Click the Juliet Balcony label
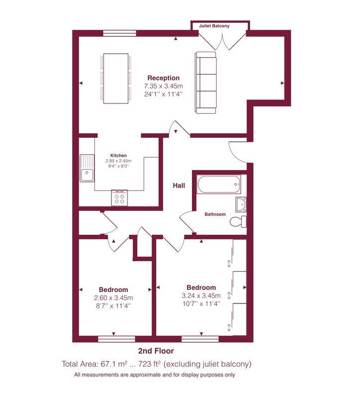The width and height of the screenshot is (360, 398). (214, 26)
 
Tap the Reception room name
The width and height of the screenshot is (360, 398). (164, 78)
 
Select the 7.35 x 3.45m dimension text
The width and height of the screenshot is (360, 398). (164, 86)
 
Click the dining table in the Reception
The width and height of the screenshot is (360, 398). (116, 79)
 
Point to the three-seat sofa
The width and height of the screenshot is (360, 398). (206, 83)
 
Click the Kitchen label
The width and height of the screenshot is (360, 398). (118, 155)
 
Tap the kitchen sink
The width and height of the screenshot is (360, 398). (87, 168)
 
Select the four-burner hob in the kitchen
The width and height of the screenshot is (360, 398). (119, 198)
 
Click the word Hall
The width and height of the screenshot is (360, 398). (179, 186)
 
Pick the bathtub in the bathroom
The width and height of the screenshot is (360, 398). (219, 184)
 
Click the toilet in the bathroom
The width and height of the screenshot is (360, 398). (238, 221)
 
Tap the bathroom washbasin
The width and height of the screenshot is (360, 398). (241, 204)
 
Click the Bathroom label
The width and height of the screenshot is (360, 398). (215, 214)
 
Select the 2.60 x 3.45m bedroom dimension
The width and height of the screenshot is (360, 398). (113, 298)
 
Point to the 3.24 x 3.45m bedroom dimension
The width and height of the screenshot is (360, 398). (201, 296)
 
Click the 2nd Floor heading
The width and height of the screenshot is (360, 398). (156, 351)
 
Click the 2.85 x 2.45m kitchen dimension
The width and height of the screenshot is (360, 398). (118, 161)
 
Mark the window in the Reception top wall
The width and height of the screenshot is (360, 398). (120, 33)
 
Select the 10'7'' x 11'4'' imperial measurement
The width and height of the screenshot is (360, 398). (201, 303)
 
